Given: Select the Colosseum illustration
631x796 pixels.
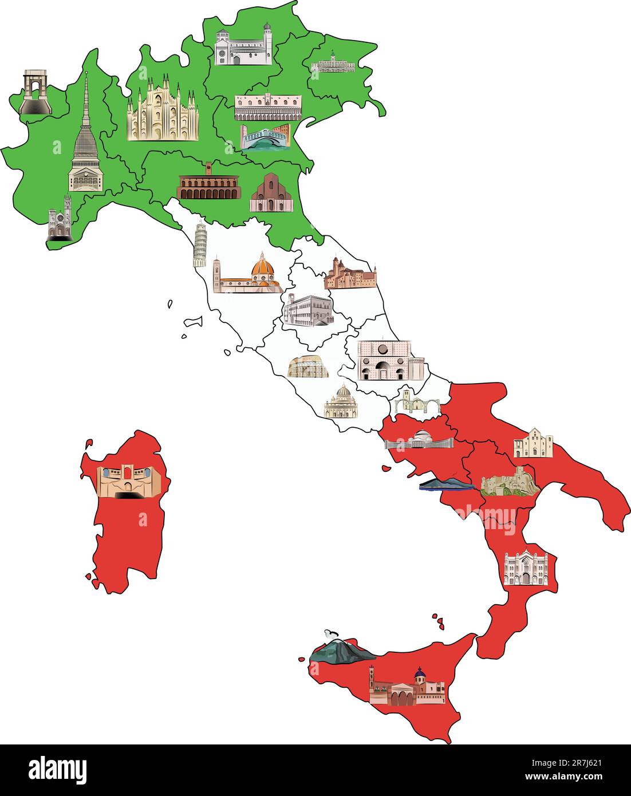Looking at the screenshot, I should [x=309, y=367].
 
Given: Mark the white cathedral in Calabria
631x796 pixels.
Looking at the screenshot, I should [x=525, y=568].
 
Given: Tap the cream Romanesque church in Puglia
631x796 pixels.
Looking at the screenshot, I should [x=533, y=443].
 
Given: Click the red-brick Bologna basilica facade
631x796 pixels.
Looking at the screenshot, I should [x=271, y=195].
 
